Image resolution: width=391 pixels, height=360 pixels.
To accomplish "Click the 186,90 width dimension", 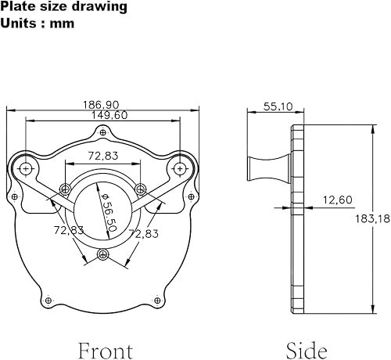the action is pyautogui.click(x=101, y=105).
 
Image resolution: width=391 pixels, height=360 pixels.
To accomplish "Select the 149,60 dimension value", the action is pyautogui.click(x=109, y=115).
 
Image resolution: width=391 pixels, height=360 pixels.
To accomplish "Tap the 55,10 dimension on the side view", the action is pyautogui.click(x=278, y=106).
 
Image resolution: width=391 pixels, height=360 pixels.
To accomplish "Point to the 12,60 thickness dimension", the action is pyautogui.click(x=338, y=200).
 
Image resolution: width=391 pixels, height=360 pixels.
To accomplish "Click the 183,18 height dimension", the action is pyautogui.click(x=373, y=218).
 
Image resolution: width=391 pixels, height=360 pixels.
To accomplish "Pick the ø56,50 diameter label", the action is pyautogui.click(x=109, y=212).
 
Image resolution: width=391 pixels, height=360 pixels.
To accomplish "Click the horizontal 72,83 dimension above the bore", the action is pyautogui.click(x=103, y=156).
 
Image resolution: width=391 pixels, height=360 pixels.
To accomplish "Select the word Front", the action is pyautogui.click(x=106, y=351).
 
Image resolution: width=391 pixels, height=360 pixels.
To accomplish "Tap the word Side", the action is pyautogui.click(x=307, y=351).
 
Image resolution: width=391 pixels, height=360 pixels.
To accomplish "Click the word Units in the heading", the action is pyautogui.click(x=18, y=23).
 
